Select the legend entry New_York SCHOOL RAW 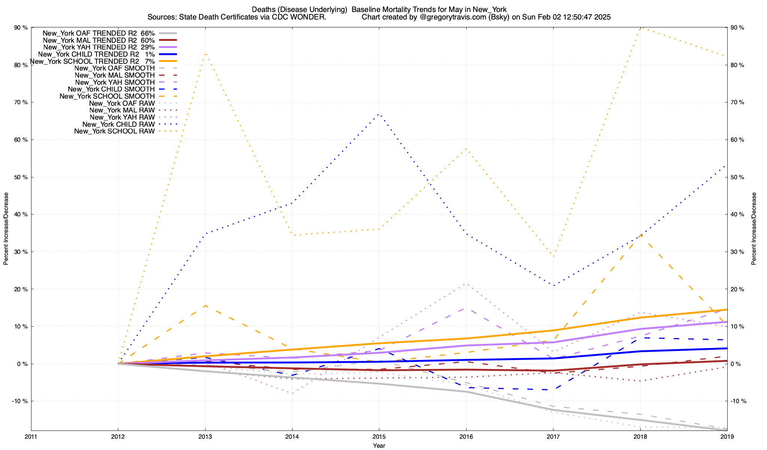[x=114, y=131]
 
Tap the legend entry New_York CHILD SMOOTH [x=111, y=89]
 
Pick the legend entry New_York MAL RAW [x=122, y=110]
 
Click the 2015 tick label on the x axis [x=379, y=436]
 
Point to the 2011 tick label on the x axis [x=31, y=436]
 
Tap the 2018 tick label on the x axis [x=640, y=436]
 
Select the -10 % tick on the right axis [x=739, y=401]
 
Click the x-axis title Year [x=379, y=445]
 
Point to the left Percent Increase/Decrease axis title [x=6, y=229]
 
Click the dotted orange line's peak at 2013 [x=205, y=54]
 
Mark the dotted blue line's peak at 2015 [x=379, y=114]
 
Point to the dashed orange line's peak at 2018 [x=640, y=235]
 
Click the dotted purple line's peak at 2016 [x=466, y=284]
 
